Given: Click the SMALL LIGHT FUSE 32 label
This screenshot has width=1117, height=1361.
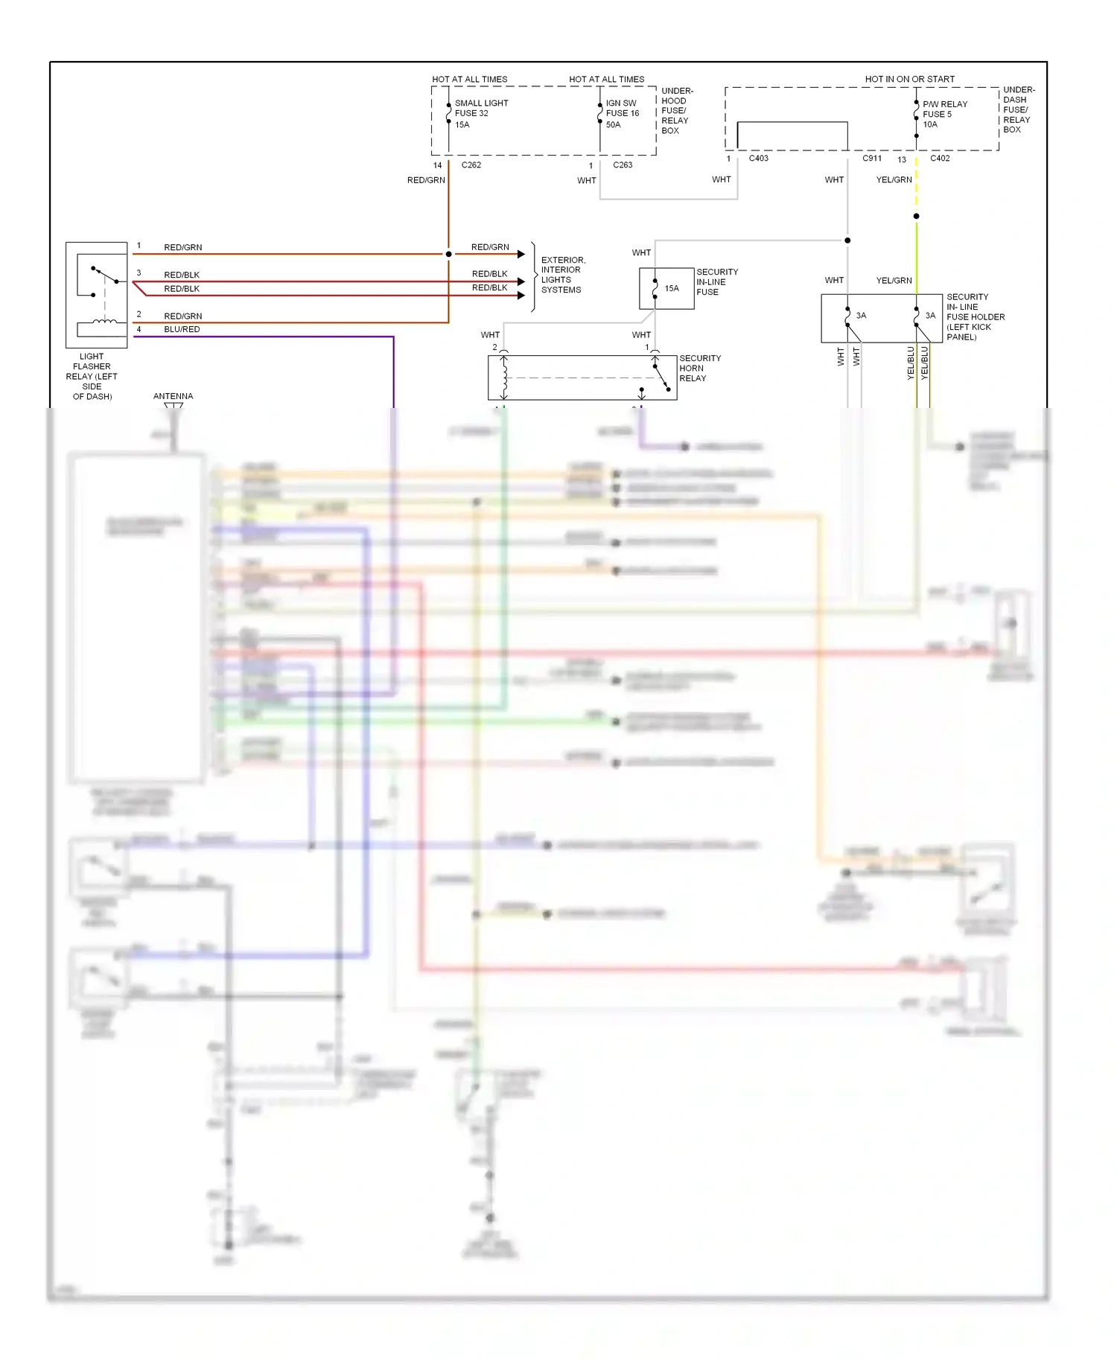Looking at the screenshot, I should pyautogui.click(x=481, y=113).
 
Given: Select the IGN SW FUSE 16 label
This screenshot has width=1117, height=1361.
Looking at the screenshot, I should pyautogui.click(x=622, y=113).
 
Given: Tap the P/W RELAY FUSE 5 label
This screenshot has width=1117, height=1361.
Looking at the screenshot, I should pyautogui.click(x=944, y=114).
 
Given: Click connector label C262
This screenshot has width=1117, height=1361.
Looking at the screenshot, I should pyautogui.click(x=471, y=165).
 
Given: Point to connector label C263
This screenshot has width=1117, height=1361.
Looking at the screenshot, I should pyautogui.click(x=623, y=165).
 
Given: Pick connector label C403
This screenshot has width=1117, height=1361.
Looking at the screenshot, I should pyautogui.click(x=758, y=158).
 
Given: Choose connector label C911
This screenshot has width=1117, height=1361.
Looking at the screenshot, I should pyautogui.click(x=872, y=158).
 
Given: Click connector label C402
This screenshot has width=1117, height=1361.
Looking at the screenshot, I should pyautogui.click(x=940, y=158).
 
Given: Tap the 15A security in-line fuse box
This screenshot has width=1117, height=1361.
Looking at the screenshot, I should pyautogui.click(x=666, y=288).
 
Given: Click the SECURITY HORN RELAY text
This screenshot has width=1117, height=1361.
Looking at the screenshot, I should pyautogui.click(x=699, y=368).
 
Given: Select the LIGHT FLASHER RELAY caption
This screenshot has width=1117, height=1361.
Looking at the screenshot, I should pyautogui.click(x=92, y=376).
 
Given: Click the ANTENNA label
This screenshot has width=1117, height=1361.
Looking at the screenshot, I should pyautogui.click(x=173, y=396).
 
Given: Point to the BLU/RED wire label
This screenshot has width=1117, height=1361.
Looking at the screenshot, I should pyautogui.click(x=182, y=329).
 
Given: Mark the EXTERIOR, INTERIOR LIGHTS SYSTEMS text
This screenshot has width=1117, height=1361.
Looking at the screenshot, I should pyautogui.click(x=563, y=275).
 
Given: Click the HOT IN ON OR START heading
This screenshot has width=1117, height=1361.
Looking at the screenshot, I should pyautogui.click(x=909, y=79).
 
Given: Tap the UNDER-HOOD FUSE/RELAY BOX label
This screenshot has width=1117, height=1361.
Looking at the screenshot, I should pyautogui.click(x=676, y=110).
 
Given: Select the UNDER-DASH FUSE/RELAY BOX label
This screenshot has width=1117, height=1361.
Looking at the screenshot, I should pyautogui.click(x=1018, y=109).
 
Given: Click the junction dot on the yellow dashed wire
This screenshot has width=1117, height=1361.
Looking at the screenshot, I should pyautogui.click(x=916, y=216).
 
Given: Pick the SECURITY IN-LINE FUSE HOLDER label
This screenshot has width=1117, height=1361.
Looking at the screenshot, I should pyautogui.click(x=975, y=316).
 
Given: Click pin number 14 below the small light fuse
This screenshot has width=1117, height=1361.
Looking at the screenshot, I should pyautogui.click(x=437, y=165).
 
